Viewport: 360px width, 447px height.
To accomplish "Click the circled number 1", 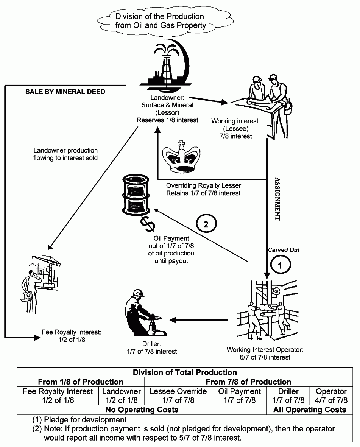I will [280, 265].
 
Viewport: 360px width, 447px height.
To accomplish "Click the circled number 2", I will [206, 224].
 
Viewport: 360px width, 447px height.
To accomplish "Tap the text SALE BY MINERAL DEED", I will [65, 92].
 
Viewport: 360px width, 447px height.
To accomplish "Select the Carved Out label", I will [284, 250].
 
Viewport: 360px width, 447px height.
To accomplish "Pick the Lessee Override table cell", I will [178, 396].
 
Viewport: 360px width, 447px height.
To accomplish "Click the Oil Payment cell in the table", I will [240, 396].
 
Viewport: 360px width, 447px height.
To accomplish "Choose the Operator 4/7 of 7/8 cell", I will [331, 396].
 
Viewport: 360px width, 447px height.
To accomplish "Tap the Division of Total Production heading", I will [185, 372].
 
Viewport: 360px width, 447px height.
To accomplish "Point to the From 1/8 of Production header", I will [81, 382].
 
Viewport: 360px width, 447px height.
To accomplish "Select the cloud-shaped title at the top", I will [160, 21].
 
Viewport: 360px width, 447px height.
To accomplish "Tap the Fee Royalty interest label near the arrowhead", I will [71, 336].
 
